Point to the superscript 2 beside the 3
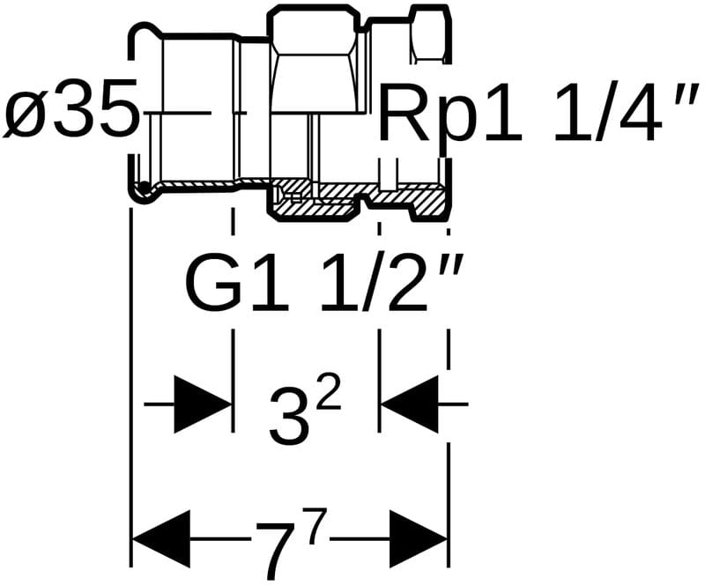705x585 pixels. (328, 398)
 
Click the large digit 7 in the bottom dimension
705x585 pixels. (275, 544)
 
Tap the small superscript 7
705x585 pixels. (318, 525)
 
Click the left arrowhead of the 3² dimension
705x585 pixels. (202, 404)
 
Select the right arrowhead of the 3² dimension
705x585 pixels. (409, 404)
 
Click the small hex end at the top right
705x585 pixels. (429, 35)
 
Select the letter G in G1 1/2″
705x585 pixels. (212, 284)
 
